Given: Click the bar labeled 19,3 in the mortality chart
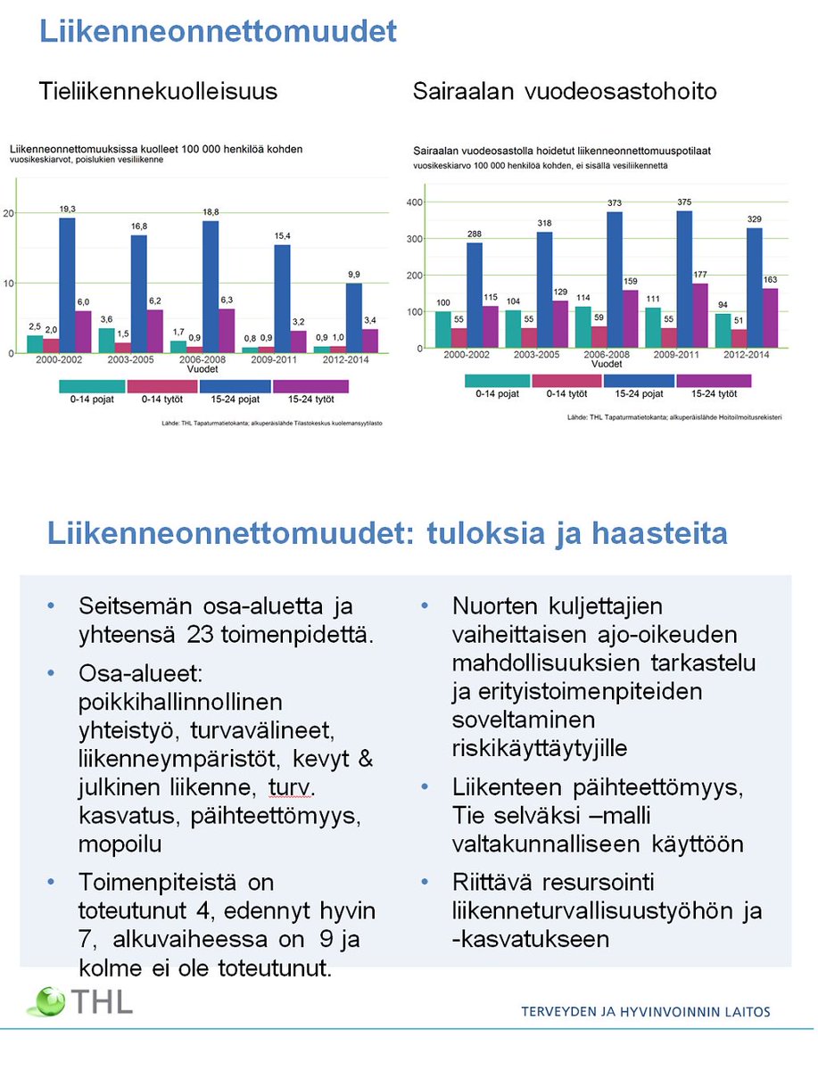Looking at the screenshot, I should [67, 285].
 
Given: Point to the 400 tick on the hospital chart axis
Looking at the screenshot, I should [413, 202].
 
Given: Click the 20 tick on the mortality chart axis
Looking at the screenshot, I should [9, 213].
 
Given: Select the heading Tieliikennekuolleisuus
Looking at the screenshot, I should [157, 91].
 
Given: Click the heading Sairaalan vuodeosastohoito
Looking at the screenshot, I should [565, 91].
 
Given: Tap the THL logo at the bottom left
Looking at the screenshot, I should [79, 1000].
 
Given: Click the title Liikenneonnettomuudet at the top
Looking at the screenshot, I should [217, 32].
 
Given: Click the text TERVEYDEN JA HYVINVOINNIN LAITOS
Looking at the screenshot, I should [646, 1011].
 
